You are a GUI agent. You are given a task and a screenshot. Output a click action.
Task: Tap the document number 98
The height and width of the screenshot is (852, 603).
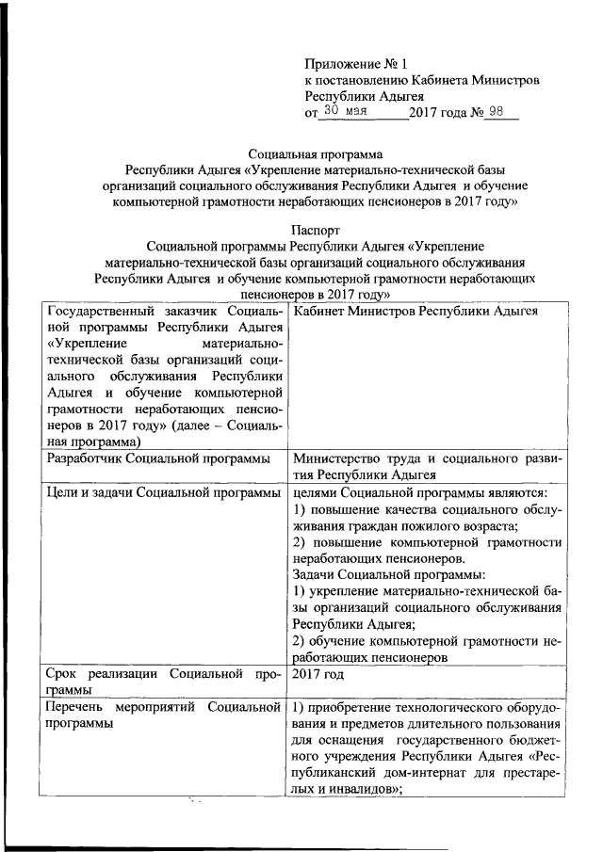[499, 111]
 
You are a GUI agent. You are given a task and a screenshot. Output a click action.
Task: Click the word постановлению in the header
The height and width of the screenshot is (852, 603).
[367, 80]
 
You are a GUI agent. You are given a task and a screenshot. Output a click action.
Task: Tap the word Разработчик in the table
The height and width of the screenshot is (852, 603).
[86, 458]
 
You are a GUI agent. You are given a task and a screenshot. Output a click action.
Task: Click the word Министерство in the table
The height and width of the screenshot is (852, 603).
[337, 458]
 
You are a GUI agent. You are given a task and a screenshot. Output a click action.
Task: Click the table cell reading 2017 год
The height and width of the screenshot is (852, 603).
[318, 675]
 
